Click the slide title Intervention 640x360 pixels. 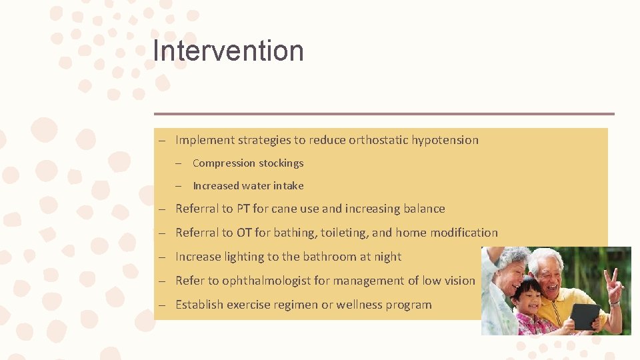point(228,51)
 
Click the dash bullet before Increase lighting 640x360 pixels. point(162,257)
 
